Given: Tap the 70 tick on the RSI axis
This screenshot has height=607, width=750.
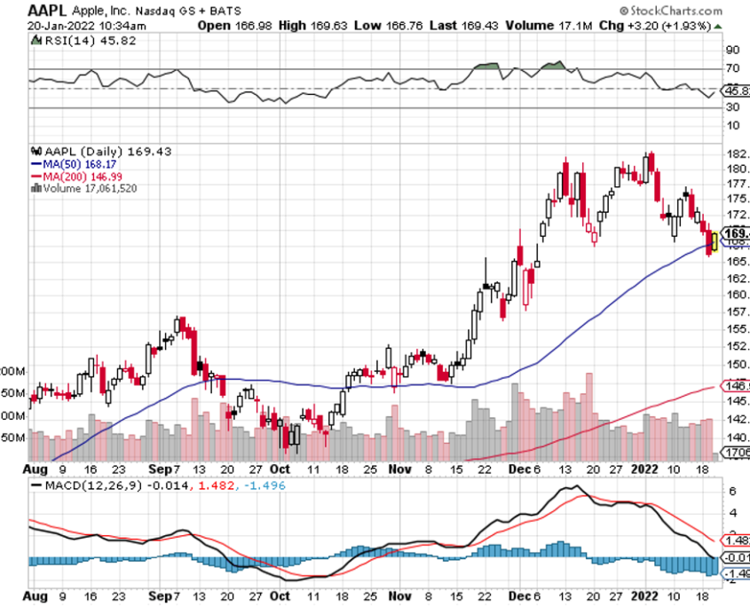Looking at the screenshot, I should click(733, 68).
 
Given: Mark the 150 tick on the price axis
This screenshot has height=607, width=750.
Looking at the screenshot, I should click(736, 364).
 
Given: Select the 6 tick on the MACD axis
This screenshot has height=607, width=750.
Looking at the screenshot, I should click(733, 490).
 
